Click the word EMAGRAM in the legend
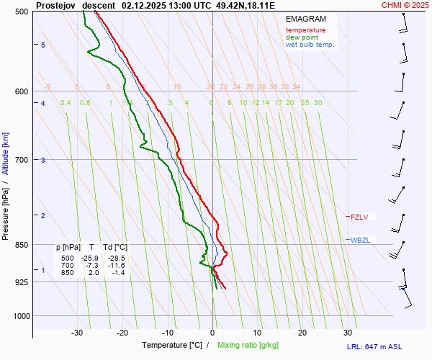(305, 19)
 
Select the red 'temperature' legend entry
(305, 30)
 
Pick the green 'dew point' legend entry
(302, 37)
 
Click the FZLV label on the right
(359, 216)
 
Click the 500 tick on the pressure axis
(21, 12)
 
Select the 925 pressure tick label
(21, 282)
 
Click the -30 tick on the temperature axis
(77, 333)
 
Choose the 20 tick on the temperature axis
(302, 333)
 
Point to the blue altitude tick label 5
(43, 45)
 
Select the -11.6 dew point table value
(116, 266)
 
